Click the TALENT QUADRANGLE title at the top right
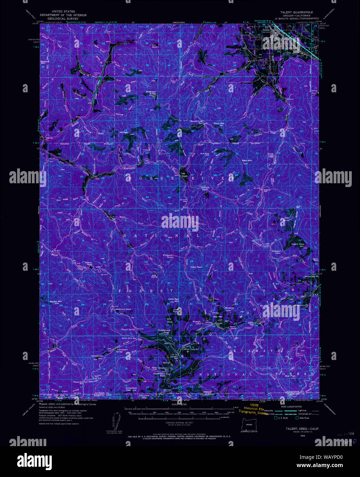point(296,12)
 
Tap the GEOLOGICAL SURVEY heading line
point(63,19)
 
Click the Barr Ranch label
point(155,45)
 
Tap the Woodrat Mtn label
point(45,62)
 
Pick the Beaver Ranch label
point(89,264)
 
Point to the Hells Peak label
point(196,267)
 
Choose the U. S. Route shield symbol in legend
point(276,418)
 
